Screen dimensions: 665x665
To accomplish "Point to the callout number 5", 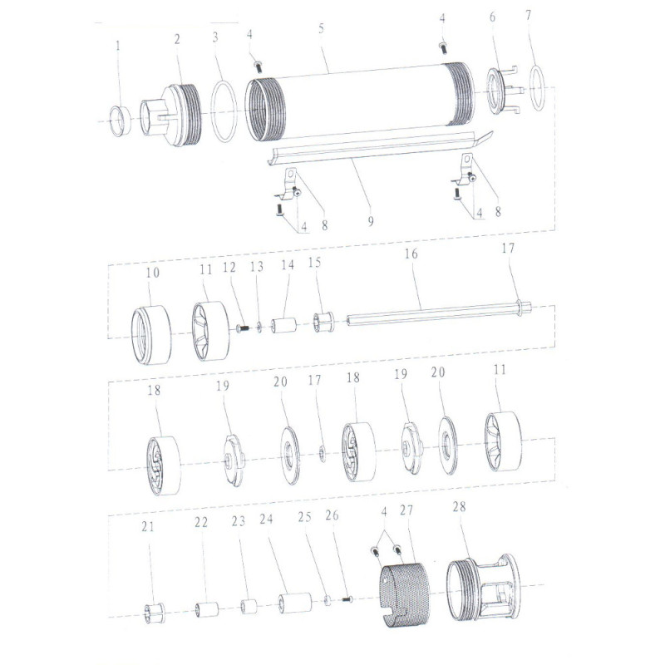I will pos(321,28).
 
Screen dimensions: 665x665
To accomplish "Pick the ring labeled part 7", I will pos(539,88).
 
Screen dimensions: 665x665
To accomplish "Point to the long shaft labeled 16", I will pos(432,314).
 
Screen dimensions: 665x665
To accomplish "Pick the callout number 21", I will pos(148,525).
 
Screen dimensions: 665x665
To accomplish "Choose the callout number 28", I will pos(460,506).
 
